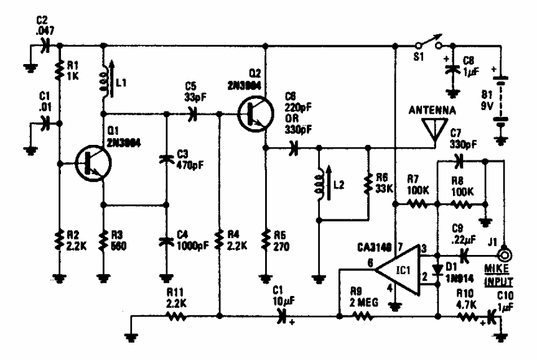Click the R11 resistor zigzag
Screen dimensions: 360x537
(177, 317)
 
